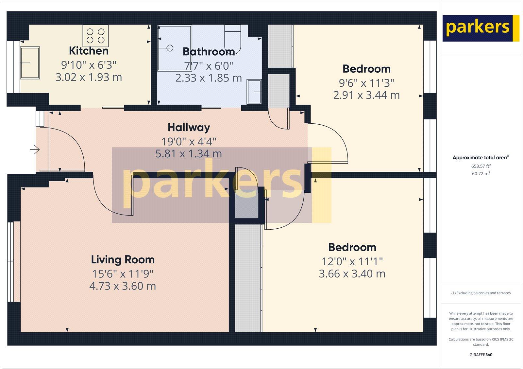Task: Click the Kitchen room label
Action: point(89,51)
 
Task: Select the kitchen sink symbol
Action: point(30,63)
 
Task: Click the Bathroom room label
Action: point(209,52)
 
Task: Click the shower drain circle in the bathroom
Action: point(170,48)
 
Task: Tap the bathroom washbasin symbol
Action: point(254,92)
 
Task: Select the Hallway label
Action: point(189,127)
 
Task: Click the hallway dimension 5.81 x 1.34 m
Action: point(189,154)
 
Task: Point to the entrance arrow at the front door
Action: point(35,150)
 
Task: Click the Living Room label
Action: point(123,260)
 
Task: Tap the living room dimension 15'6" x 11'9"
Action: point(123,273)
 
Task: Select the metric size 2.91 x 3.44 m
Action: point(366,95)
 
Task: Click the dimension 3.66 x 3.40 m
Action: point(352,274)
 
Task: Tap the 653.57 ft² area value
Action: point(481,166)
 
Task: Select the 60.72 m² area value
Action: point(481,174)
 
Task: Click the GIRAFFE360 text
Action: point(481,355)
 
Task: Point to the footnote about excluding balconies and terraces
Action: point(481,293)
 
